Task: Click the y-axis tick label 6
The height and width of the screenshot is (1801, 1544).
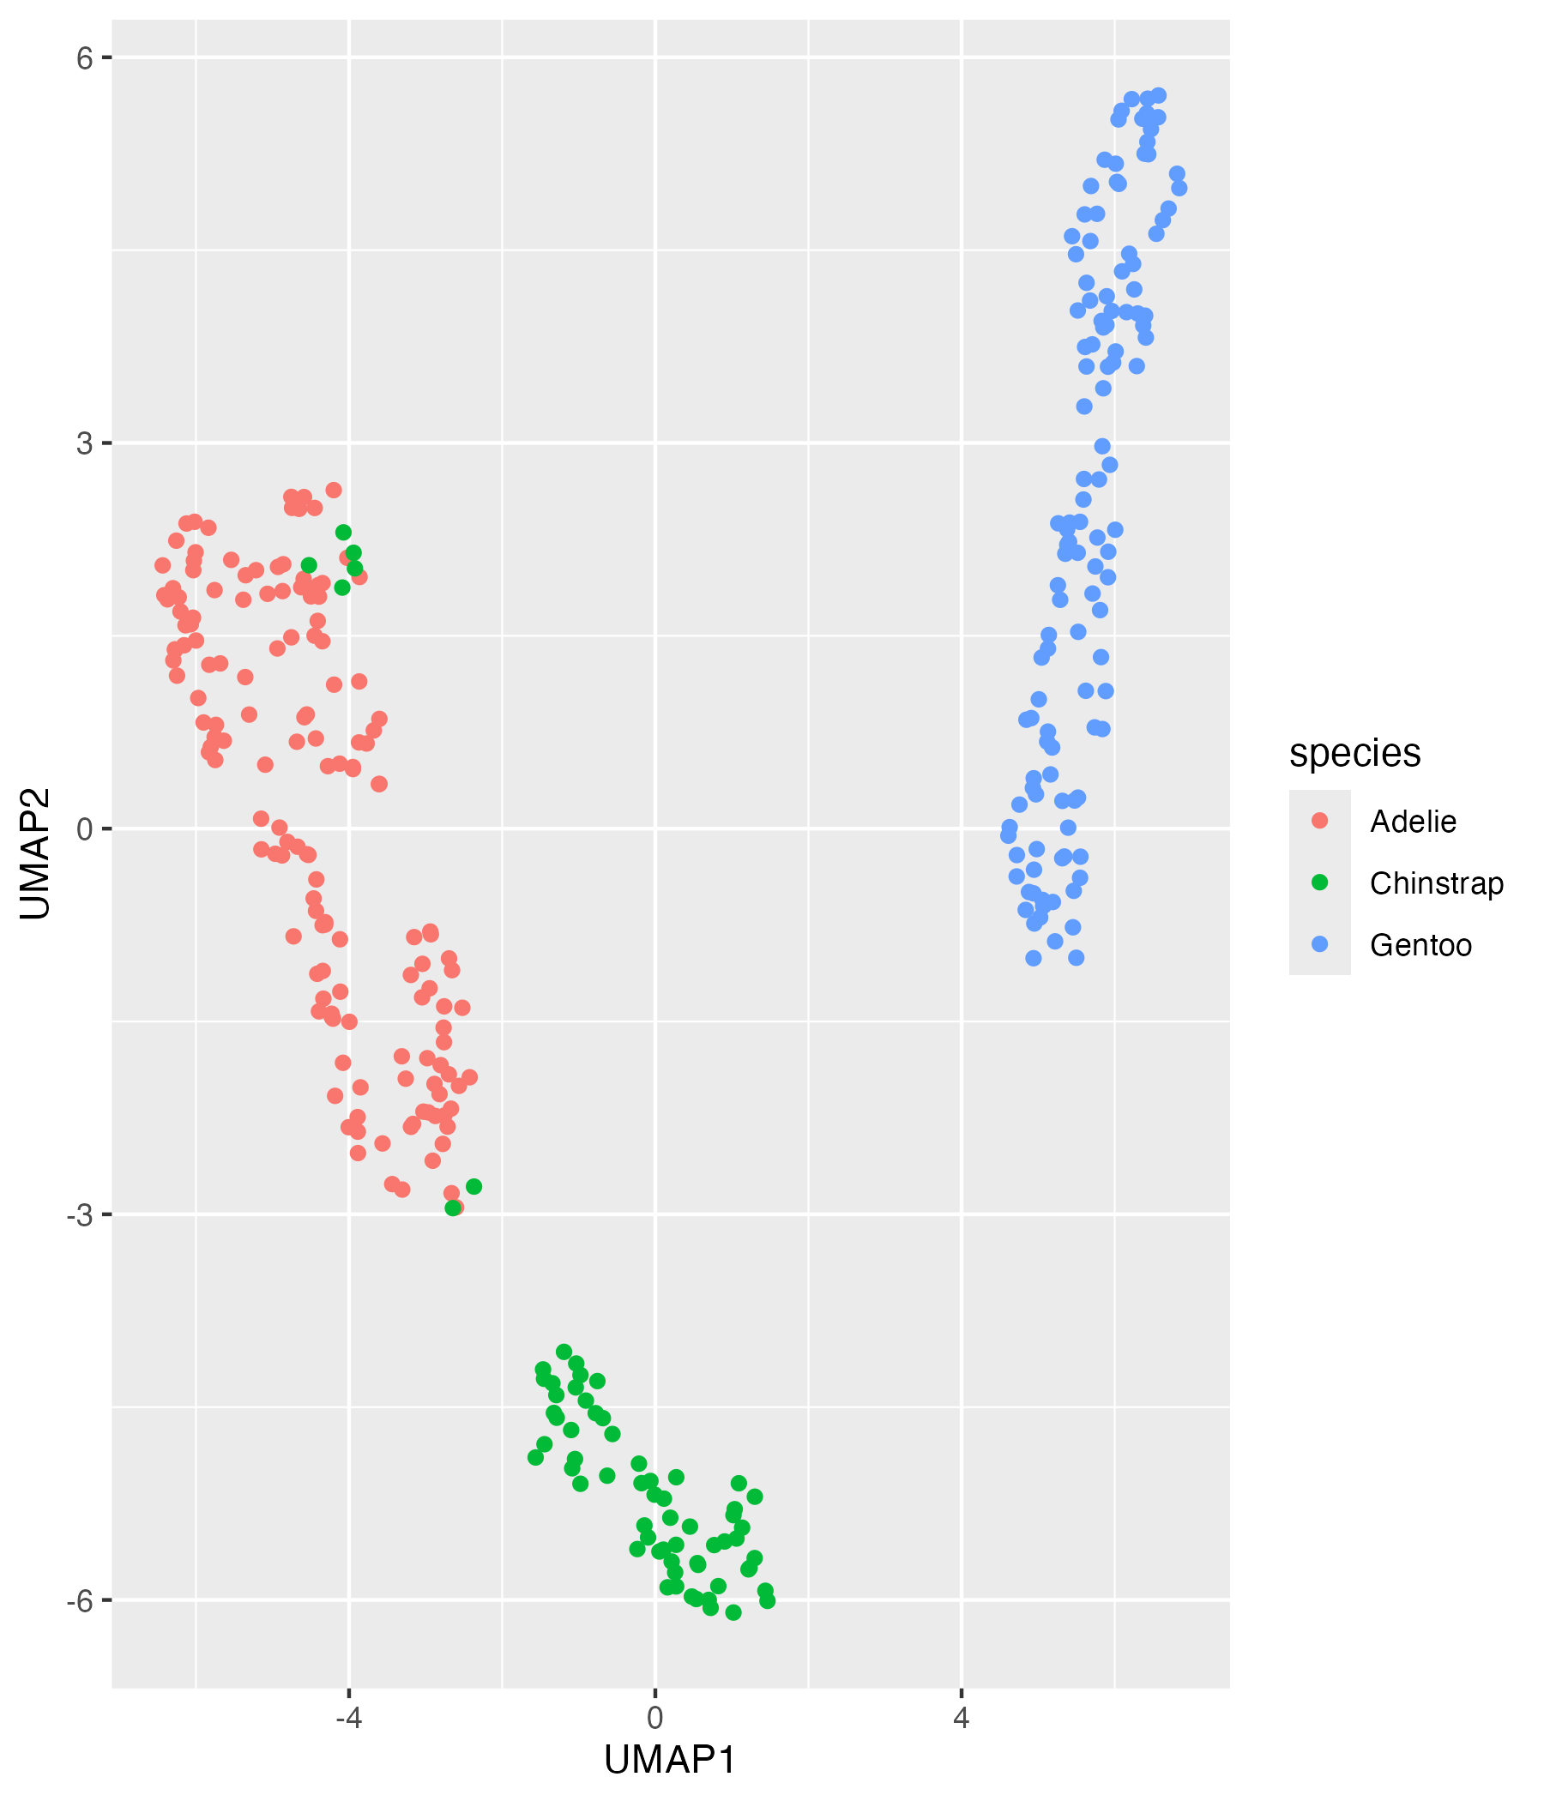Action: tap(83, 58)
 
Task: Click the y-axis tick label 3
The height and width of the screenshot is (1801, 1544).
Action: tap(83, 443)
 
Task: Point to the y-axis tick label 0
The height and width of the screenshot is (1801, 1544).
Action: tap(83, 829)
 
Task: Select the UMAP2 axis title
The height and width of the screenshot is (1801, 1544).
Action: tap(35, 853)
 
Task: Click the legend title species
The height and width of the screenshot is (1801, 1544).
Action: tap(1354, 753)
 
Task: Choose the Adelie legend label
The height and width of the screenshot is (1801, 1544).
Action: tap(1413, 822)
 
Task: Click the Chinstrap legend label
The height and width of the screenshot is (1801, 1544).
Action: tap(1436, 883)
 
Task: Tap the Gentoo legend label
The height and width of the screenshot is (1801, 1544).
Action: tap(1420, 945)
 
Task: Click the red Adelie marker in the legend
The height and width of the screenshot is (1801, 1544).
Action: tap(1320, 821)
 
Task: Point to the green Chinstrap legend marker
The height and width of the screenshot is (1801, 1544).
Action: tap(1320, 882)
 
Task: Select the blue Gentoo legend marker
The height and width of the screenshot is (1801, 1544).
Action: tap(1320, 944)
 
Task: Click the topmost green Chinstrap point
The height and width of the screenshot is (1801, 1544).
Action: tap(343, 532)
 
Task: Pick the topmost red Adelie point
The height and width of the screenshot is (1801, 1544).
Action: tap(334, 491)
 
